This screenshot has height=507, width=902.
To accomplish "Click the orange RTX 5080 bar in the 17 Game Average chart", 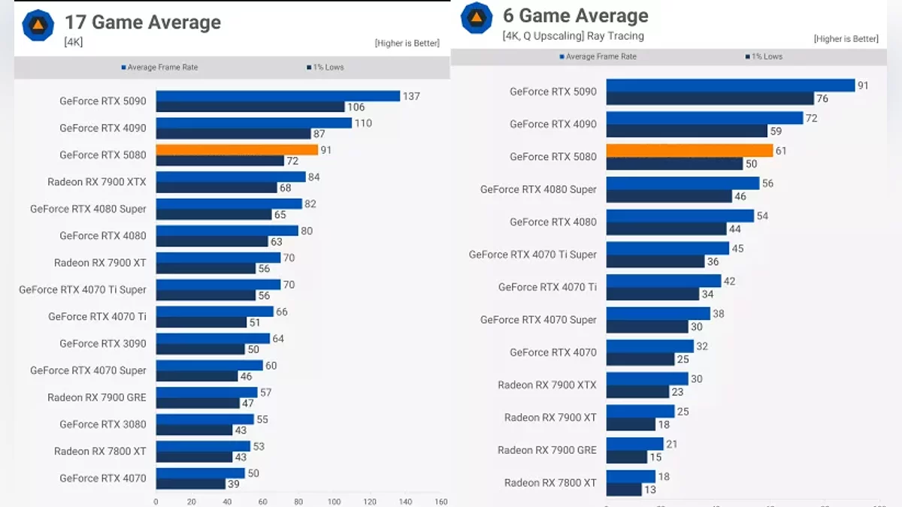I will pyautogui.click(x=237, y=149).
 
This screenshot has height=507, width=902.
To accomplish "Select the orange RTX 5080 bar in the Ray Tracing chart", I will pyautogui.click(x=689, y=150).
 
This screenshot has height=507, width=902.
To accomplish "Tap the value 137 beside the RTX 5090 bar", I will pyautogui.click(x=411, y=96).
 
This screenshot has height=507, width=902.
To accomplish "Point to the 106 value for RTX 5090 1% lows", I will pyautogui.click(x=357, y=107).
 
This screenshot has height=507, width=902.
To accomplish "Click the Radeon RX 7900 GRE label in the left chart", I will pyautogui.click(x=97, y=397).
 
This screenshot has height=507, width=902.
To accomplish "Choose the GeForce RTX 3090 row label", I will pyautogui.click(x=103, y=343).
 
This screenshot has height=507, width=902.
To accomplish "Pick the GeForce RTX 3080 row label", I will pyautogui.click(x=103, y=424).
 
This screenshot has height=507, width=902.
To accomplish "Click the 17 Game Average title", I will pyautogui.click(x=143, y=23).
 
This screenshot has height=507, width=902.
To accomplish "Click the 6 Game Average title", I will pyautogui.click(x=575, y=16).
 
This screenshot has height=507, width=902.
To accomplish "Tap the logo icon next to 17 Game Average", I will pyautogui.click(x=37, y=24).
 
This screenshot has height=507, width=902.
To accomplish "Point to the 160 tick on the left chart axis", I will pyautogui.click(x=441, y=501).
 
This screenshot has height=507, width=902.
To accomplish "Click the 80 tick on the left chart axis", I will pyautogui.click(x=298, y=501).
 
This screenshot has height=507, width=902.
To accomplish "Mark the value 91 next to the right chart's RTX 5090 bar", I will pyautogui.click(x=863, y=86).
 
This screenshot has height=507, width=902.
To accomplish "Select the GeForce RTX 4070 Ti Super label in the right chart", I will pyautogui.click(x=532, y=255).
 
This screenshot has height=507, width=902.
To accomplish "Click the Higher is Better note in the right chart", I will pyautogui.click(x=846, y=39).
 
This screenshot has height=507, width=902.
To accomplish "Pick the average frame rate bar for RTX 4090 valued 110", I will pyautogui.click(x=254, y=123).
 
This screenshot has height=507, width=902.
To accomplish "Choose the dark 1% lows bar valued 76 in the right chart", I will pyautogui.click(x=710, y=98).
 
